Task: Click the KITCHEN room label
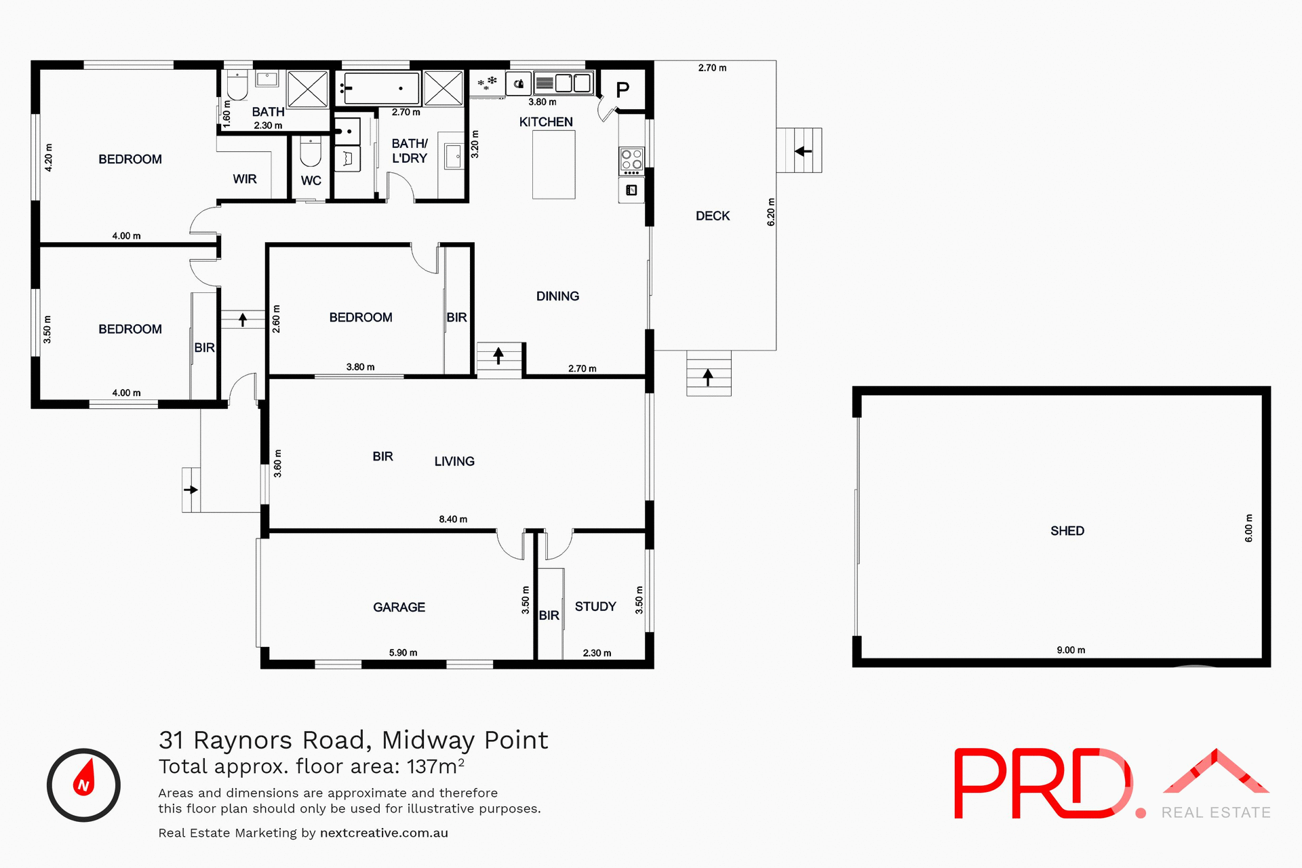(546, 122)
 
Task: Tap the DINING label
(557, 296)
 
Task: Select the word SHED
(1067, 531)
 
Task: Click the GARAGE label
(399, 608)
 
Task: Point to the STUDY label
(595, 606)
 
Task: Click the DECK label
(713, 216)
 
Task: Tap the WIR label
(245, 179)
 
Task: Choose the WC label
(311, 180)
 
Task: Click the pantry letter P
(623, 90)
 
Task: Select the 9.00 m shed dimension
(1071, 650)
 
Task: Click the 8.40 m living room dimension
(453, 519)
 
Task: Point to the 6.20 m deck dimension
(771, 212)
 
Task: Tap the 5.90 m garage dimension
(403, 653)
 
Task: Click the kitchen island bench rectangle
(553, 165)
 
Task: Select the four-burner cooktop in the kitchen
(631, 160)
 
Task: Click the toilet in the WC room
(311, 152)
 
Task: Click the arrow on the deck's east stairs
(804, 151)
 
